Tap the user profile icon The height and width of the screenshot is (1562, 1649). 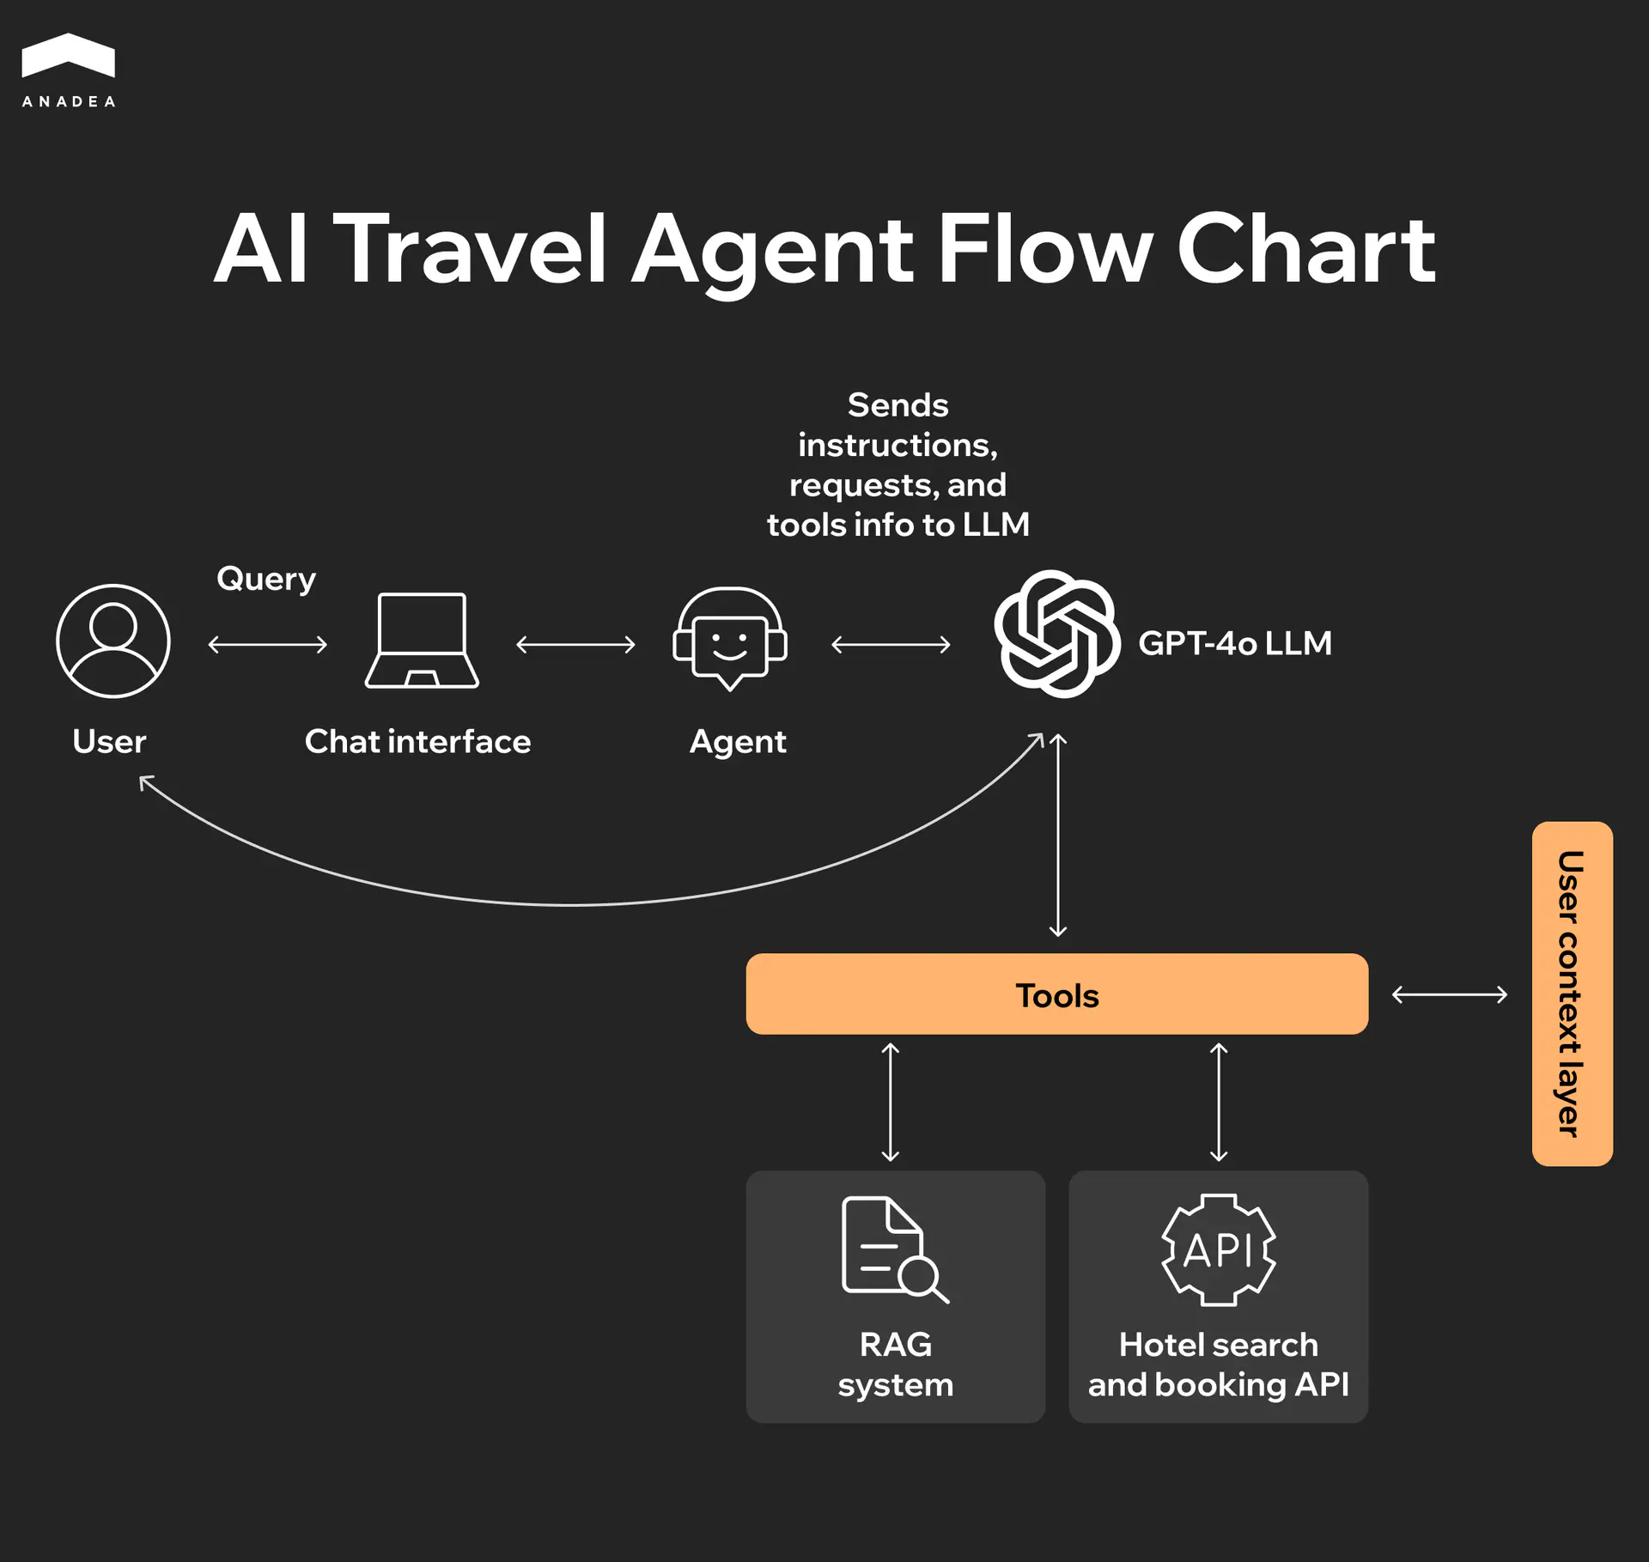click(113, 641)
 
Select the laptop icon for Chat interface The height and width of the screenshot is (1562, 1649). click(422, 641)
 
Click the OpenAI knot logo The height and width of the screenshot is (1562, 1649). click(1056, 634)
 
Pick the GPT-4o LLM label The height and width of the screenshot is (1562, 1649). click(1234, 643)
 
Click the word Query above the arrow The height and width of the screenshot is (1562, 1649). click(266, 579)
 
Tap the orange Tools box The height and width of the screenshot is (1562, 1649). click(1056, 994)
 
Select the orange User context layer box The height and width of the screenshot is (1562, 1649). click(1572, 994)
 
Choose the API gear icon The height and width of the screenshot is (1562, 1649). click(1218, 1250)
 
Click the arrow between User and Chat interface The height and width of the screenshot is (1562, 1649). click(268, 644)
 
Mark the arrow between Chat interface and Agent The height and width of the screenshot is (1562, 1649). click(575, 644)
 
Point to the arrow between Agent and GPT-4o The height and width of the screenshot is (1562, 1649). click(891, 644)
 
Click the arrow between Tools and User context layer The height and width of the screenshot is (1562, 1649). click(1449, 994)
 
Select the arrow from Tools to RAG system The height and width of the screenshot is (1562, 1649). click(891, 1102)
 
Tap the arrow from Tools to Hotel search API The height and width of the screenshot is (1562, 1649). click(1219, 1102)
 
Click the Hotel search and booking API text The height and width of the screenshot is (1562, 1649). click(1218, 1364)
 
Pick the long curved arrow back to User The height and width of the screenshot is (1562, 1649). click(571, 904)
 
